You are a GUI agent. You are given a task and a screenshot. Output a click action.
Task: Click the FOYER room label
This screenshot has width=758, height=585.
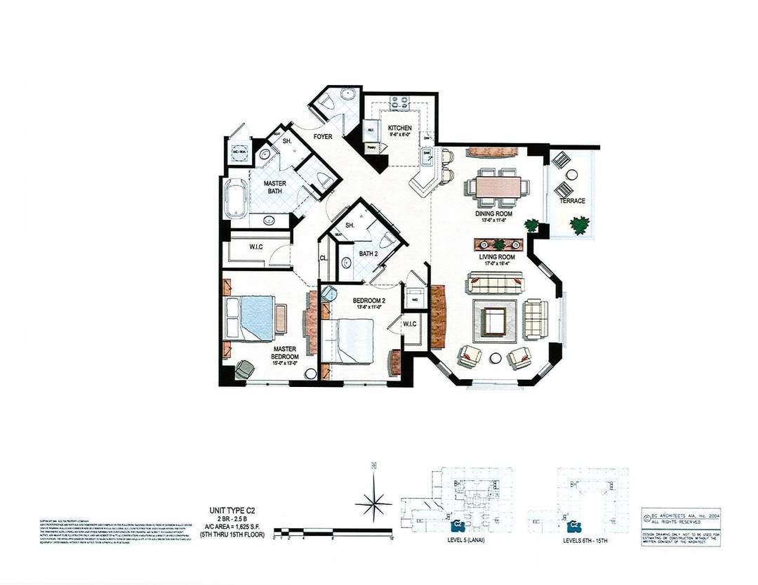coord(323,137)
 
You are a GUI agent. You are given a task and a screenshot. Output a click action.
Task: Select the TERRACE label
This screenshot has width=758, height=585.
coord(572,201)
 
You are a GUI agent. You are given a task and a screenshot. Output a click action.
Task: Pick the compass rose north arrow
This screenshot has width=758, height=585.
coord(373,499)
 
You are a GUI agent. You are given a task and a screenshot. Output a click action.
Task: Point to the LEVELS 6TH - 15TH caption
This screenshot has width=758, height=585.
coord(587,541)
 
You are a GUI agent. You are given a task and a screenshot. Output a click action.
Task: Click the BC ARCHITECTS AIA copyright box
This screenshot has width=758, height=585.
coord(678,518)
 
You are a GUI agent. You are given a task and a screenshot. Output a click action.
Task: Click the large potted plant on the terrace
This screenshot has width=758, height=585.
coord(579,225)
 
